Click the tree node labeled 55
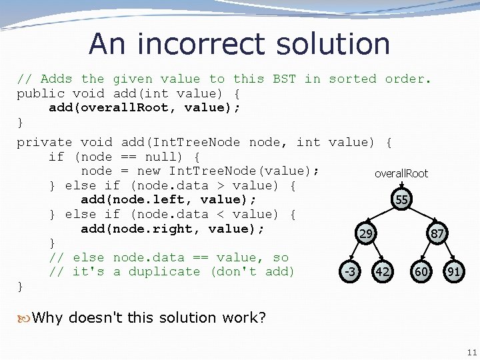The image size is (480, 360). pyautogui.click(x=401, y=199)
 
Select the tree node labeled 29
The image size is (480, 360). pyautogui.click(x=365, y=234)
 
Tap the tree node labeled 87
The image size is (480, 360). pyautogui.click(x=437, y=234)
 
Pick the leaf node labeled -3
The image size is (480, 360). pyautogui.click(x=348, y=271)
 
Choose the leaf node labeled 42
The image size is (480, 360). pyautogui.click(x=383, y=271)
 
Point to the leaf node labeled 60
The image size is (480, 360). pyautogui.click(x=421, y=271)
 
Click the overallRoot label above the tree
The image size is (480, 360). pyautogui.click(x=401, y=173)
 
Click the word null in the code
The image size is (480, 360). pyautogui.click(x=153, y=157)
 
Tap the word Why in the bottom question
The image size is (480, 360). pyautogui.click(x=47, y=317)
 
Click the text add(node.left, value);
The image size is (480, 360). pyautogui.click(x=169, y=199)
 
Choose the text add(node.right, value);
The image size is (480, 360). pyautogui.click(x=173, y=229)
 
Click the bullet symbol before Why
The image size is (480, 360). pyautogui.click(x=24, y=317)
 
